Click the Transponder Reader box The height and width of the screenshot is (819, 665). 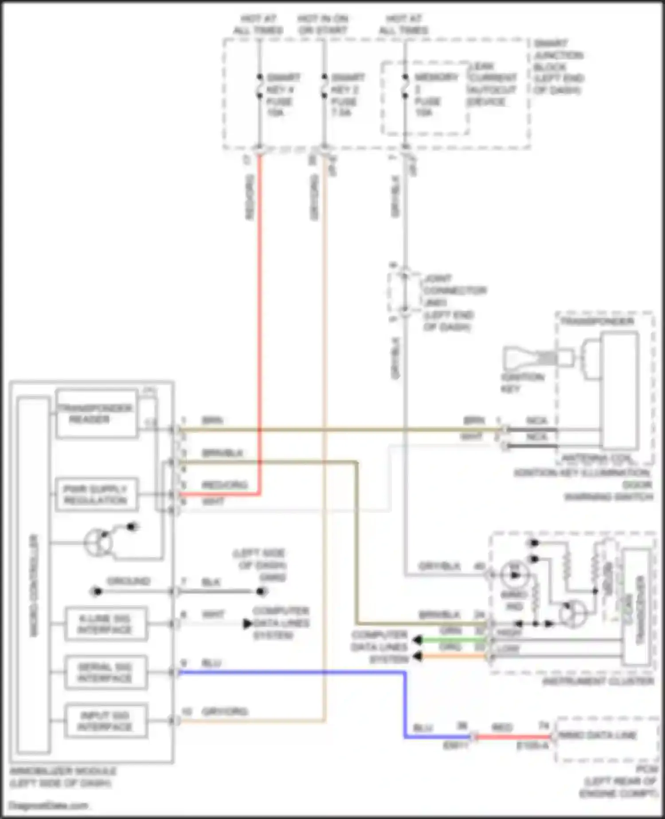pos(96,414)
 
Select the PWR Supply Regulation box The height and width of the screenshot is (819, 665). pos(96,495)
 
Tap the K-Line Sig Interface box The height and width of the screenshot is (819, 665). pos(106,624)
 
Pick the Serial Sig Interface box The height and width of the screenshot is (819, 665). pos(106,673)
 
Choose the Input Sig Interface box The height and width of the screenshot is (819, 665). pos(106,721)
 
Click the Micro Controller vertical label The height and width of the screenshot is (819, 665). pos(34,586)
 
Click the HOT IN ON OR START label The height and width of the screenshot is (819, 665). pos(323,24)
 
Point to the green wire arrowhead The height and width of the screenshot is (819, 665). pos(416,640)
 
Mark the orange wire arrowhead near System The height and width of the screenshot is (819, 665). pos(416,656)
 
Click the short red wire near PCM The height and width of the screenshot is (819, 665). pos(513,737)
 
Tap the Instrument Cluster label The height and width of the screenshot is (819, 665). pos(598,681)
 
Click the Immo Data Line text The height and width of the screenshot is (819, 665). pos(598,735)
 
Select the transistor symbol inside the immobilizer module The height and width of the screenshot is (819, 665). pos(98,542)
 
